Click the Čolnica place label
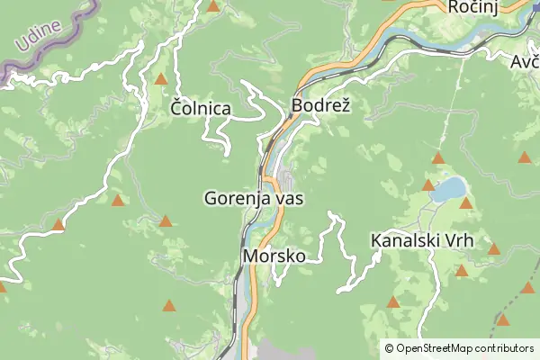(200, 109)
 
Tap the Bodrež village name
(320, 106)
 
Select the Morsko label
(274, 256)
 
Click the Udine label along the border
(37, 37)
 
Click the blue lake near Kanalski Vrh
(447, 189)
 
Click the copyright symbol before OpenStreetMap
(389, 348)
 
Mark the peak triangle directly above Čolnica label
(160, 79)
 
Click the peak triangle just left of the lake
(428, 185)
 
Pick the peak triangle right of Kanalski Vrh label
(493, 248)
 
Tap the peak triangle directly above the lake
(438, 158)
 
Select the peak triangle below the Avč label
(525, 157)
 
